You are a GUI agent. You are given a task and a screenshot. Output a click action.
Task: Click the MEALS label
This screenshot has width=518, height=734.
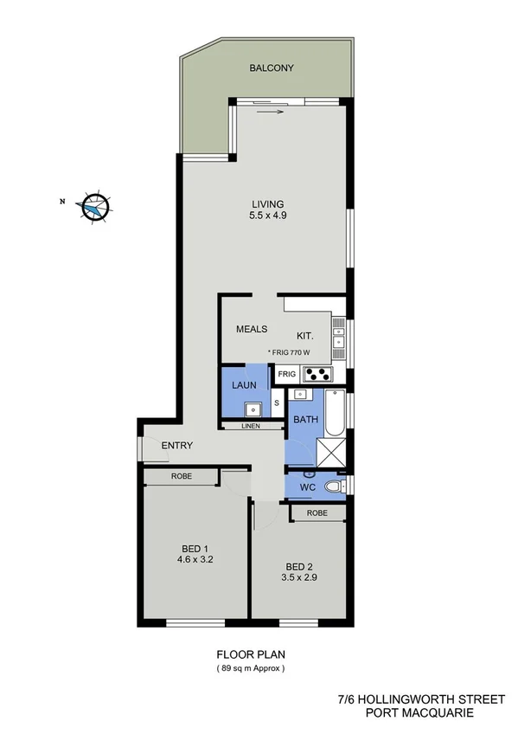point(252,329)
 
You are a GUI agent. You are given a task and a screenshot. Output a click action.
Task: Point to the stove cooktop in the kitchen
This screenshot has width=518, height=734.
point(317,375)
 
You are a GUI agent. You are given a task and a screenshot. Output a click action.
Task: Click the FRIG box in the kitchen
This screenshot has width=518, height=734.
point(286,375)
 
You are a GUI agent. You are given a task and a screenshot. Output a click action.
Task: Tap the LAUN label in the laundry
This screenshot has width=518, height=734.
point(240,385)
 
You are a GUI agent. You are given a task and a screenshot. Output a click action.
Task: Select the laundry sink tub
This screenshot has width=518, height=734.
point(253,409)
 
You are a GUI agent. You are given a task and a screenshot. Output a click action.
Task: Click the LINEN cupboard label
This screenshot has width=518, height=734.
point(252,426)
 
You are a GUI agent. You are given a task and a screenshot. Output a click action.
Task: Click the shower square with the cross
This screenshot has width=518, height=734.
point(329,451)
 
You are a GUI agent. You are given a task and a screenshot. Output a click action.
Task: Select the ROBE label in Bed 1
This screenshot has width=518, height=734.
point(181,477)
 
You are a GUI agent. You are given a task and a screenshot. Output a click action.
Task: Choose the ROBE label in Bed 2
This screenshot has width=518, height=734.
point(317,512)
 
